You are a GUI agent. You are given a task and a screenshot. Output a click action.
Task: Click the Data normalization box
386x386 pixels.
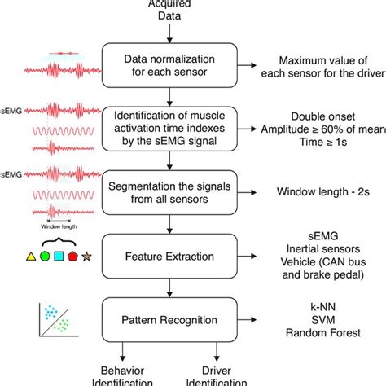[x=169, y=61]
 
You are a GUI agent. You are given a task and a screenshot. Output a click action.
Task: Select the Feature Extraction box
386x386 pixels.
[x=169, y=257]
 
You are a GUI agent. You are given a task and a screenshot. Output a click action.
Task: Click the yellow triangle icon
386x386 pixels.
[x=31, y=258]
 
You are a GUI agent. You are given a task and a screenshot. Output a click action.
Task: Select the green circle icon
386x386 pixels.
[x=46, y=258]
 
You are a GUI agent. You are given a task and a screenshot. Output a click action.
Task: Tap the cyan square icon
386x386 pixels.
[x=59, y=258]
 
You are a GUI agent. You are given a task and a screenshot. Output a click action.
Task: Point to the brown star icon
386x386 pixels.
[x=87, y=258]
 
